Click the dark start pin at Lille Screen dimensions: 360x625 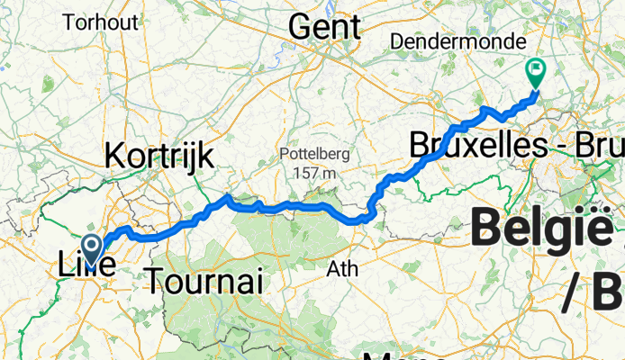[x=92, y=246]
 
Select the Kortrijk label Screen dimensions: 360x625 [x=159, y=156]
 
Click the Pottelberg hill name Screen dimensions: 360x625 [x=307, y=153]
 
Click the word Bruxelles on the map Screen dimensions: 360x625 [x=468, y=144]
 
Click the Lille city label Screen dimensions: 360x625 [x=86, y=267]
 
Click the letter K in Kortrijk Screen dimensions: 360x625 [x=113, y=156]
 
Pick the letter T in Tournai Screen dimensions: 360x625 [x=153, y=283]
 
